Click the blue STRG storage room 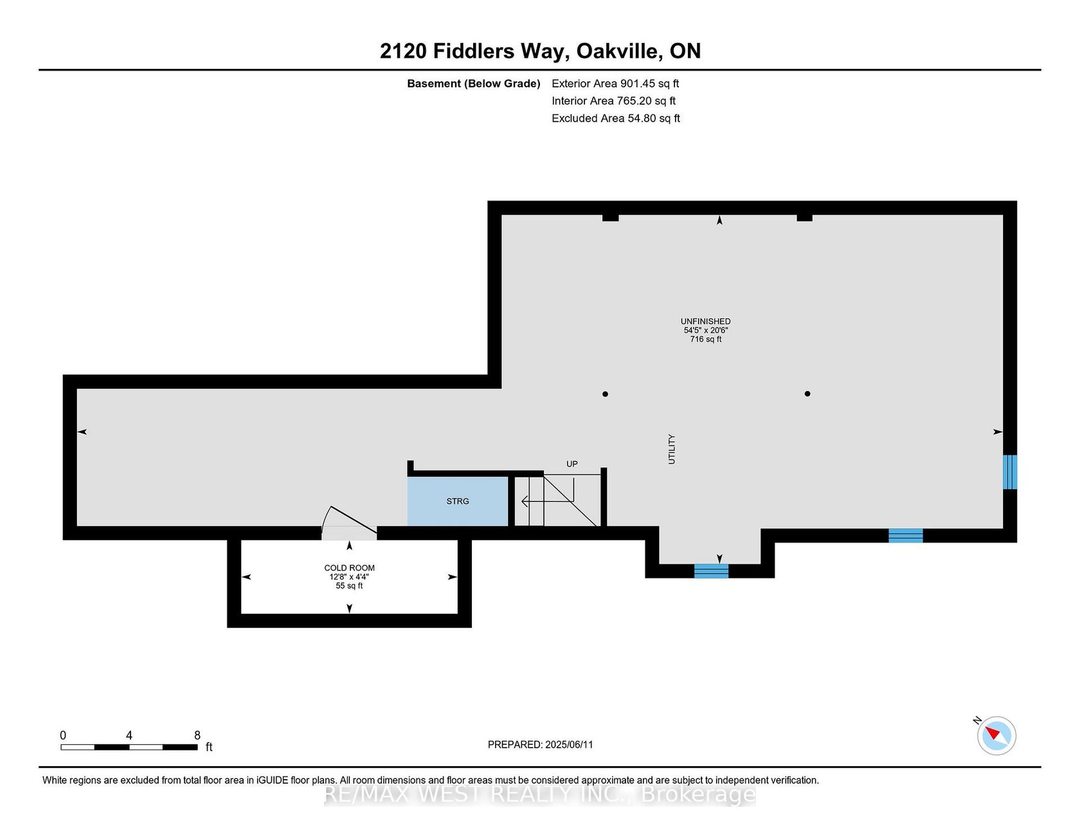[458, 501]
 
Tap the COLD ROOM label [349, 568]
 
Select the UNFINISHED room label [706, 321]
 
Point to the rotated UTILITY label [672, 449]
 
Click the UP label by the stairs [572, 463]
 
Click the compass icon [996, 735]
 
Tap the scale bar [129, 747]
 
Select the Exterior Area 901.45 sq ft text [615, 84]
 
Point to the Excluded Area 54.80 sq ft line [616, 118]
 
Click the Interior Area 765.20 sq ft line [613, 101]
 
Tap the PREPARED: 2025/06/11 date [541, 744]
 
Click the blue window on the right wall [1010, 472]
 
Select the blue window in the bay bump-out [711, 571]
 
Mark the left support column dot [605, 394]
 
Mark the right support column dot [807, 394]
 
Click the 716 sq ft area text [706, 339]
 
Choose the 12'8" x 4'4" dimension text [349, 577]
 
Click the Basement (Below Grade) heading [474, 84]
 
